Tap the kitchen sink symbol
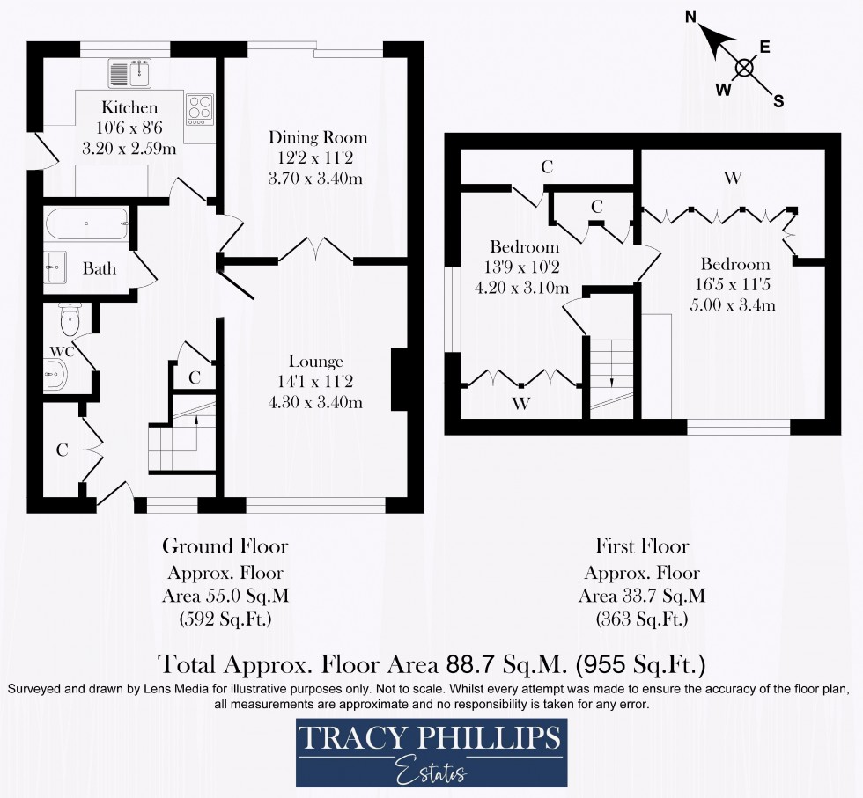[130, 74]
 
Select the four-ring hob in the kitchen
[200, 109]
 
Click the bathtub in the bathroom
[86, 224]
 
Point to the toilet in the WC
[69, 318]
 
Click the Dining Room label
[318, 138]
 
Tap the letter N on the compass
[691, 17]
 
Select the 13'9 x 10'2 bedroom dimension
[525, 267]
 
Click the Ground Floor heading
[225, 546]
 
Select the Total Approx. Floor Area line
[431, 662]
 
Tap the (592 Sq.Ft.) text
[225, 619]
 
